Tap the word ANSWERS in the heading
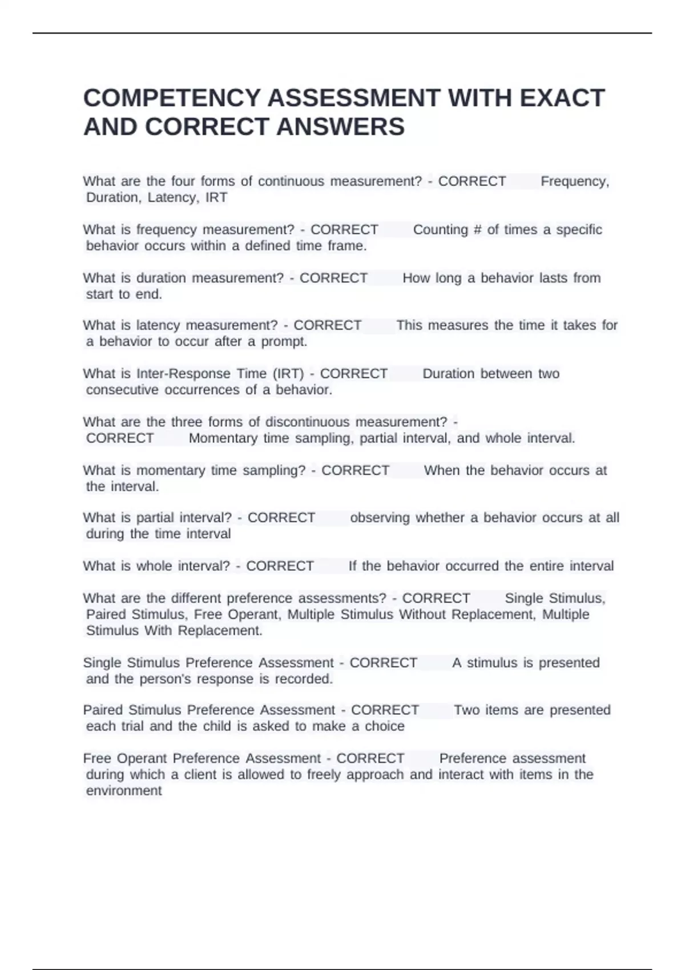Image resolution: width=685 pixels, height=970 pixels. point(340,127)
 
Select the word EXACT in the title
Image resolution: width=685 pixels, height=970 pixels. point(562,98)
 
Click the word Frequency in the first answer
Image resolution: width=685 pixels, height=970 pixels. point(574,181)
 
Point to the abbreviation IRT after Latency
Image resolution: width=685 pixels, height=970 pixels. point(216,197)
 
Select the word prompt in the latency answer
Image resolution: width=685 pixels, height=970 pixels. point(284,342)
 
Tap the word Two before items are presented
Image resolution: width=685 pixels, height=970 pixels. point(466,710)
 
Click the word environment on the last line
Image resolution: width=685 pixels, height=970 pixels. point(124,791)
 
